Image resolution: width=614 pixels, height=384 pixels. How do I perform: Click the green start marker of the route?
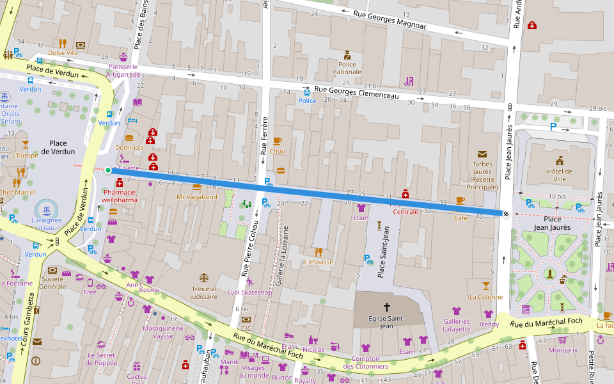108,170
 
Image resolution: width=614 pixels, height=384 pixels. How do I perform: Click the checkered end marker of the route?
506,214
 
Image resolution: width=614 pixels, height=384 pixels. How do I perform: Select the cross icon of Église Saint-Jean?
386,307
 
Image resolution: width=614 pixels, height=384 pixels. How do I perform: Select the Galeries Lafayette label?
456,325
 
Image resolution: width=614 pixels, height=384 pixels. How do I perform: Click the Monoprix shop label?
563,351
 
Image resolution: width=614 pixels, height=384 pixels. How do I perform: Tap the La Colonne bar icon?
486,285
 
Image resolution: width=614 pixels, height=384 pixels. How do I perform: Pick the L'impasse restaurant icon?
318,252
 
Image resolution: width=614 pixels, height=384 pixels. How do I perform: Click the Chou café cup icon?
277,141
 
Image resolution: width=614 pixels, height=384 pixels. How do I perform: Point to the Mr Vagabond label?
197,197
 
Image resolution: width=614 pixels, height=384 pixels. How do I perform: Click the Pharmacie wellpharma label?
119,196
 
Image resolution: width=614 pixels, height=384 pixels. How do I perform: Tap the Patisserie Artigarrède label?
123,70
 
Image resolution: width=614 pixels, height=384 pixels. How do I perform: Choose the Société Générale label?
52,282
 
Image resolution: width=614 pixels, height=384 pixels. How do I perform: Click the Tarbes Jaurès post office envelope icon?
482,154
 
